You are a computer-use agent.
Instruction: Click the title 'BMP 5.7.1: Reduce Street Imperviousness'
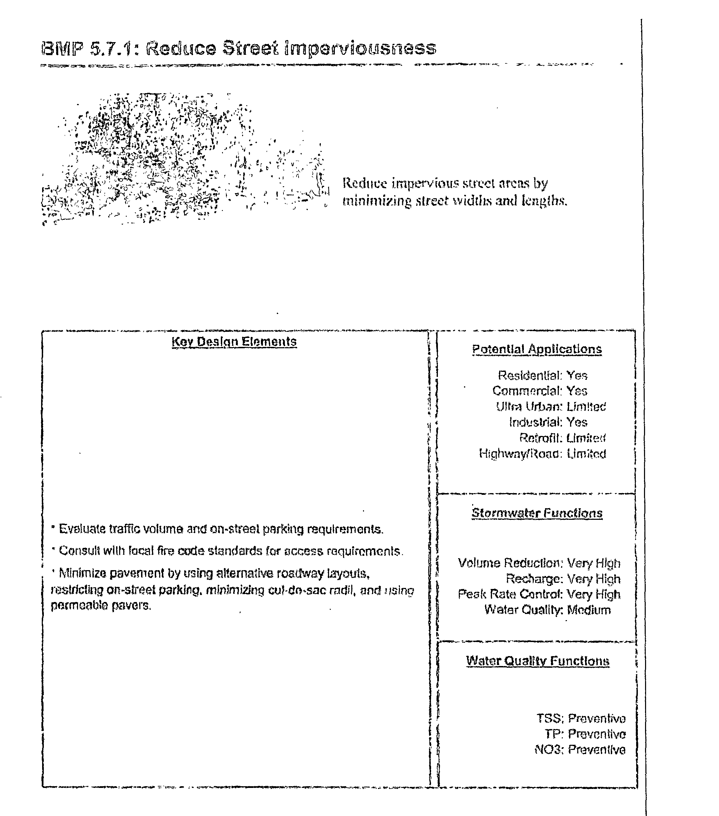click(239, 49)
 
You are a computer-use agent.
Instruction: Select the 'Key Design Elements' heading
click(234, 342)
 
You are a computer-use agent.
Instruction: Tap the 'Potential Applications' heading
click(537, 349)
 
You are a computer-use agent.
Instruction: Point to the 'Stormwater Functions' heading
click(537, 513)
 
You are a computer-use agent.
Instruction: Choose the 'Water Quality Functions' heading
click(537, 661)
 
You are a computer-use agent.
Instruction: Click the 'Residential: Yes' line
click(542, 375)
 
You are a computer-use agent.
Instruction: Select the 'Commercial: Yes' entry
click(540, 391)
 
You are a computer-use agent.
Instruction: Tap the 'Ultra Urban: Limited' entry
click(551, 406)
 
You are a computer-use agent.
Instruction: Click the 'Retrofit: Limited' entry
click(562, 438)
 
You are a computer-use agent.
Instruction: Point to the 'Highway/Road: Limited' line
click(542, 453)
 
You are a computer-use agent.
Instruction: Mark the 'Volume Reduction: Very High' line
click(539, 563)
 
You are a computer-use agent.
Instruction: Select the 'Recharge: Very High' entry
click(563, 578)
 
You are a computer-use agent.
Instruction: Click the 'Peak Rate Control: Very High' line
click(539, 594)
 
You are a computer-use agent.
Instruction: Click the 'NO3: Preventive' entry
click(580, 749)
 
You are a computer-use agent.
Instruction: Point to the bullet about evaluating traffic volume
click(217, 529)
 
